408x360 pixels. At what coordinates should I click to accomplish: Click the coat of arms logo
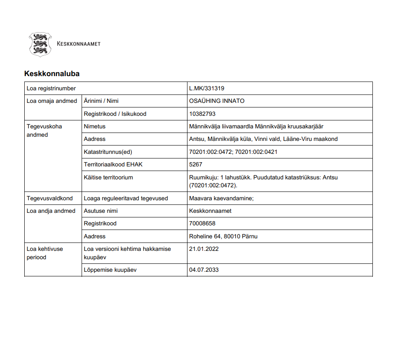[40, 44]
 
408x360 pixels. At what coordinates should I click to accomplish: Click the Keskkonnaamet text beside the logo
[78, 43]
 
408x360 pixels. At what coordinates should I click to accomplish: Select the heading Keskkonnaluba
[52, 74]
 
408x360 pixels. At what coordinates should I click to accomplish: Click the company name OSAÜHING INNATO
[217, 101]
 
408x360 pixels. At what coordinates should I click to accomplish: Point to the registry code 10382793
[202, 114]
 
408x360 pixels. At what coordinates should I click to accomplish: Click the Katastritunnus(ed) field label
[108, 152]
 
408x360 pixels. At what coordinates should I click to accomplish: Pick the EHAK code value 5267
[195, 164]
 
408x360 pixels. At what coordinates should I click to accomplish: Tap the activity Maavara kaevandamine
[221, 198]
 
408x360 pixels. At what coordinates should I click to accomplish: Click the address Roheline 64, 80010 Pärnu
[223, 236]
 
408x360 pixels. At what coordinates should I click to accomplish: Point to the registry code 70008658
[202, 223]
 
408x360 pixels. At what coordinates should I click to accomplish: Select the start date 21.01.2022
[204, 249]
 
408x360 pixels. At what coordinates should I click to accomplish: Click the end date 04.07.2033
[204, 270]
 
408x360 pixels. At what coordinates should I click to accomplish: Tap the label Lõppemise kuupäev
[110, 270]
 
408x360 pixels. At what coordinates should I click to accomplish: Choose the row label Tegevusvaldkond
[49, 198]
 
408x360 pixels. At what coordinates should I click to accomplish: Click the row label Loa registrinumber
[51, 88]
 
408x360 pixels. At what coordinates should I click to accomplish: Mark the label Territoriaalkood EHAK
[113, 164]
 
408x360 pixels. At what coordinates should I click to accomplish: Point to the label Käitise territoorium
[108, 177]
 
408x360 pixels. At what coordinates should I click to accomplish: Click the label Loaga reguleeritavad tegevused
[126, 198]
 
